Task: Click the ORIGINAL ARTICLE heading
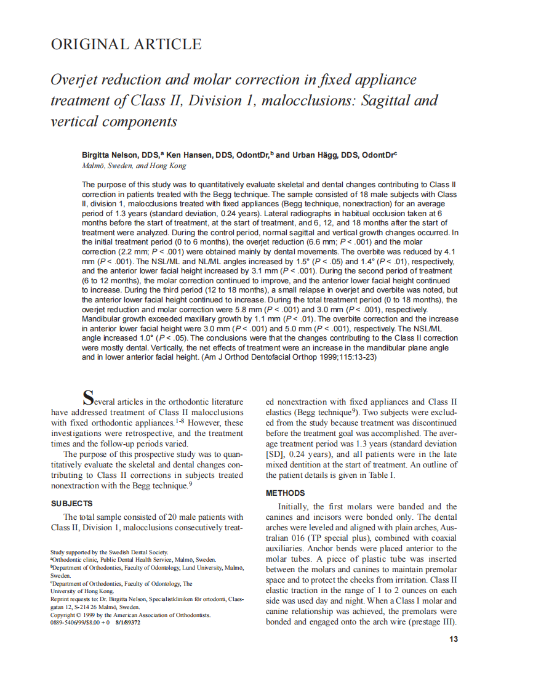click(126, 44)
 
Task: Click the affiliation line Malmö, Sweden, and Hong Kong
click(134, 166)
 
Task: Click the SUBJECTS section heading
click(71, 503)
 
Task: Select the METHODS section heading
click(285, 493)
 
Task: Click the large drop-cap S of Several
click(89, 397)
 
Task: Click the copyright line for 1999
click(130, 615)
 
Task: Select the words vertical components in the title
click(113, 121)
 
